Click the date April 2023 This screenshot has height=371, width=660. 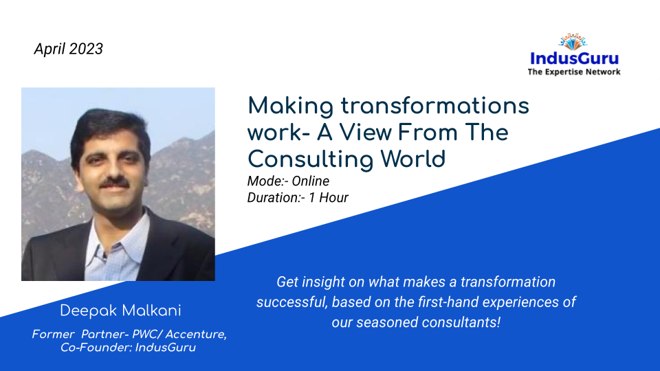click(68, 49)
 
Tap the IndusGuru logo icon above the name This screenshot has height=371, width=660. click(573, 42)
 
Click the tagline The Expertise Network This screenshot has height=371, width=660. click(574, 72)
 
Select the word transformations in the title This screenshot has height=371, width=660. click(434, 105)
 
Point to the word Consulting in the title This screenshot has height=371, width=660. click(310, 159)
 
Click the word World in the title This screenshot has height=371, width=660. click(413, 159)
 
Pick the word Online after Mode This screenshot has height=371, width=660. click(311, 181)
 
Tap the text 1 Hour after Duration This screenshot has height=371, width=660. click(329, 198)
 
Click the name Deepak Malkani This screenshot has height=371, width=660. click(120, 311)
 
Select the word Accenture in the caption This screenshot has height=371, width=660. click(196, 335)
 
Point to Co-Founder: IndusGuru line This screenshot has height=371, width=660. click(128, 348)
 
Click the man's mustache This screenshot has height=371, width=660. click(115, 183)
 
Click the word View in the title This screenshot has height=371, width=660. click(365, 132)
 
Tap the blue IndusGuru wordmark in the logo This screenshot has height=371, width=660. click(574, 58)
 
